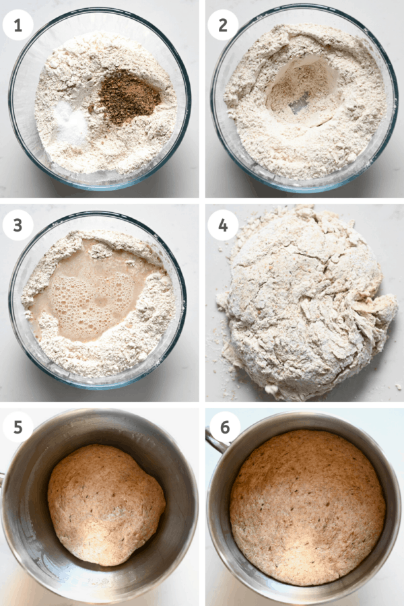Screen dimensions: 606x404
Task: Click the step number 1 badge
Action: click(18, 25)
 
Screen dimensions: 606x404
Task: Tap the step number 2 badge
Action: click(222, 25)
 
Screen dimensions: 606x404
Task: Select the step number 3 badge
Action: click(18, 227)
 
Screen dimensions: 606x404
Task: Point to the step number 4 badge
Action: click(222, 227)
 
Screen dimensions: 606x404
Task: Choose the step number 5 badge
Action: click(18, 428)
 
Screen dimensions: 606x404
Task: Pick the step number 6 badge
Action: click(222, 428)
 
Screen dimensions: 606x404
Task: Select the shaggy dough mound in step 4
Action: click(303, 303)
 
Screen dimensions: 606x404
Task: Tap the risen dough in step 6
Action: click(306, 505)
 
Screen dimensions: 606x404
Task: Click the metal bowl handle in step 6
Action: click(215, 441)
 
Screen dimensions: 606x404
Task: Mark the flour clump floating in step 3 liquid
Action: click(101, 251)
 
